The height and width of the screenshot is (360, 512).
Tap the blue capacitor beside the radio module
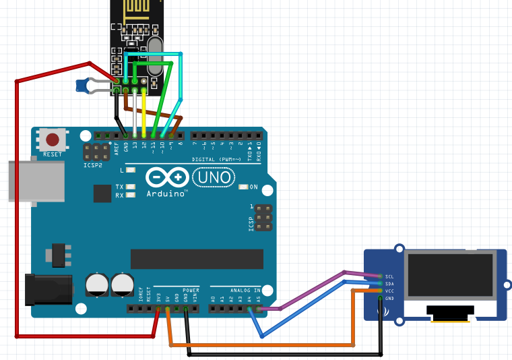84,86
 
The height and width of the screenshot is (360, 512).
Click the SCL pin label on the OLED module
389,276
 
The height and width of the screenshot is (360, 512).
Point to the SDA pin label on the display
389,284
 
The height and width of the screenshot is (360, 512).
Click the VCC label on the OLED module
389,291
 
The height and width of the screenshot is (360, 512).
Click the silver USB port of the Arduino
27,181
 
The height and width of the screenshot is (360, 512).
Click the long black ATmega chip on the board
197,259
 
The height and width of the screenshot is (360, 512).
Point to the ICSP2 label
93,165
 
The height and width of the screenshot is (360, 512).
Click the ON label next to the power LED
253,187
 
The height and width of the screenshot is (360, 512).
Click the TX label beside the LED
119,187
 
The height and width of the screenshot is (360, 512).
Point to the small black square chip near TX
102,194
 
